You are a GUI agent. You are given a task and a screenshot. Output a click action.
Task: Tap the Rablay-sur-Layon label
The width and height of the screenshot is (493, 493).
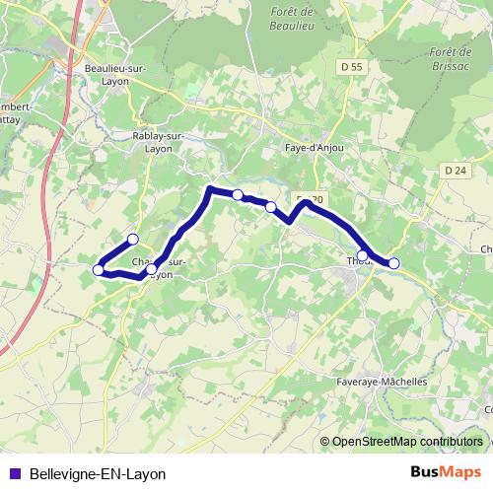(x=153, y=142)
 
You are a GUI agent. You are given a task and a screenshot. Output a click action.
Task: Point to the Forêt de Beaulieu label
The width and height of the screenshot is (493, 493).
(x=290, y=20)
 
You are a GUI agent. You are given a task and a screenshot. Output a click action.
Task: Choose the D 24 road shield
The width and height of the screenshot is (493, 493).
(x=455, y=170)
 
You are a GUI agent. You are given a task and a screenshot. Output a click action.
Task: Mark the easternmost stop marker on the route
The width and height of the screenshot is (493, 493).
(x=393, y=263)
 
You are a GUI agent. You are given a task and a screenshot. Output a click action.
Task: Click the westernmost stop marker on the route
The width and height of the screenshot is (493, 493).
(x=98, y=269)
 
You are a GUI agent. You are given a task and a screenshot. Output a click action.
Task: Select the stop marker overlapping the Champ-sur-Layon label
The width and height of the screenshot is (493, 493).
(x=151, y=268)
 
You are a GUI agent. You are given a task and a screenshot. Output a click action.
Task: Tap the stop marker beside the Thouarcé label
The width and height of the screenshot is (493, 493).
(x=363, y=255)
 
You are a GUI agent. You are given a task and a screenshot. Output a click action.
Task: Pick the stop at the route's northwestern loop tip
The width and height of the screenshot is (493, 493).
(x=132, y=239)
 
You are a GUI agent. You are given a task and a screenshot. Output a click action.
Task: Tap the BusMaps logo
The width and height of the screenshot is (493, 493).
(x=446, y=472)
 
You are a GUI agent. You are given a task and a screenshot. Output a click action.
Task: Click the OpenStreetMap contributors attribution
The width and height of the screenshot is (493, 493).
(x=408, y=443)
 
